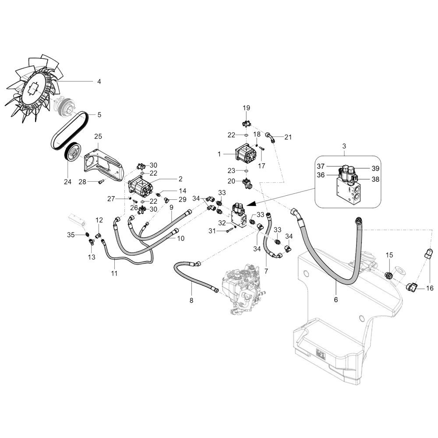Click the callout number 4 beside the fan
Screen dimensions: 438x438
tap(99, 81)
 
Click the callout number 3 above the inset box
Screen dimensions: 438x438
tap(344, 146)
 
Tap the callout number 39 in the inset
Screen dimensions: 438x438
tap(375, 169)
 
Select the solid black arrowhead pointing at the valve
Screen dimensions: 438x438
tap(252, 204)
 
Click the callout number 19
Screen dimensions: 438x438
tap(246, 108)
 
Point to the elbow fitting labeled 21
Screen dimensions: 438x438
tap(270, 137)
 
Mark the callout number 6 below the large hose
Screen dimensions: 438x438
tap(336, 300)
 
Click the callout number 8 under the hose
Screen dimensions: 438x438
tap(191, 300)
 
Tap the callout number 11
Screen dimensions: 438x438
tap(114, 273)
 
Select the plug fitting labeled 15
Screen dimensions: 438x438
tap(389, 275)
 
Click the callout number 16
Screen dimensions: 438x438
tap(430, 288)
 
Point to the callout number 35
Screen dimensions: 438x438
tap(71, 235)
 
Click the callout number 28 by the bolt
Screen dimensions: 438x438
tap(82, 182)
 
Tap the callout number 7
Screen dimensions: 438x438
tap(266, 271)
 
